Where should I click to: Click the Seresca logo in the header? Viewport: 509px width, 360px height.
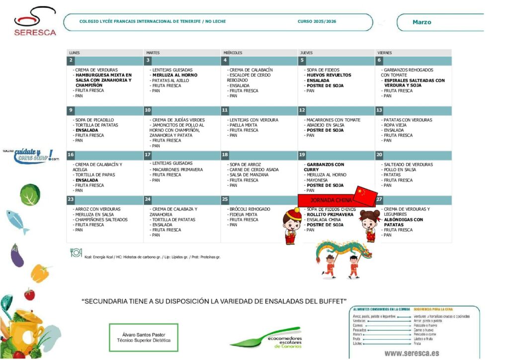[35, 22]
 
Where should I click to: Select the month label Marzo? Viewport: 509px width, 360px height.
[422, 22]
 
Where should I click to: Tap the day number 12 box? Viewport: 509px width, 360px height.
[302, 110]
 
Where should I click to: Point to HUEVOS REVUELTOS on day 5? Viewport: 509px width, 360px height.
[329, 75]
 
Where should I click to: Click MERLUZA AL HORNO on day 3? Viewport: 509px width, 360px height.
[174, 75]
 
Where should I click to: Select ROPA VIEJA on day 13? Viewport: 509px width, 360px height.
[395, 125]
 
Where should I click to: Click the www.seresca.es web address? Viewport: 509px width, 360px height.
[412, 353]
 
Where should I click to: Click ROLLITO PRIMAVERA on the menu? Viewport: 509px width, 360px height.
[330, 214]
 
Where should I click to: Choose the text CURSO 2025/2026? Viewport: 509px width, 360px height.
[317, 22]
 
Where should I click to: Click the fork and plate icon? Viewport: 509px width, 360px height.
[76, 252]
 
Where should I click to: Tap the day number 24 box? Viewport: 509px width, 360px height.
[148, 200]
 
